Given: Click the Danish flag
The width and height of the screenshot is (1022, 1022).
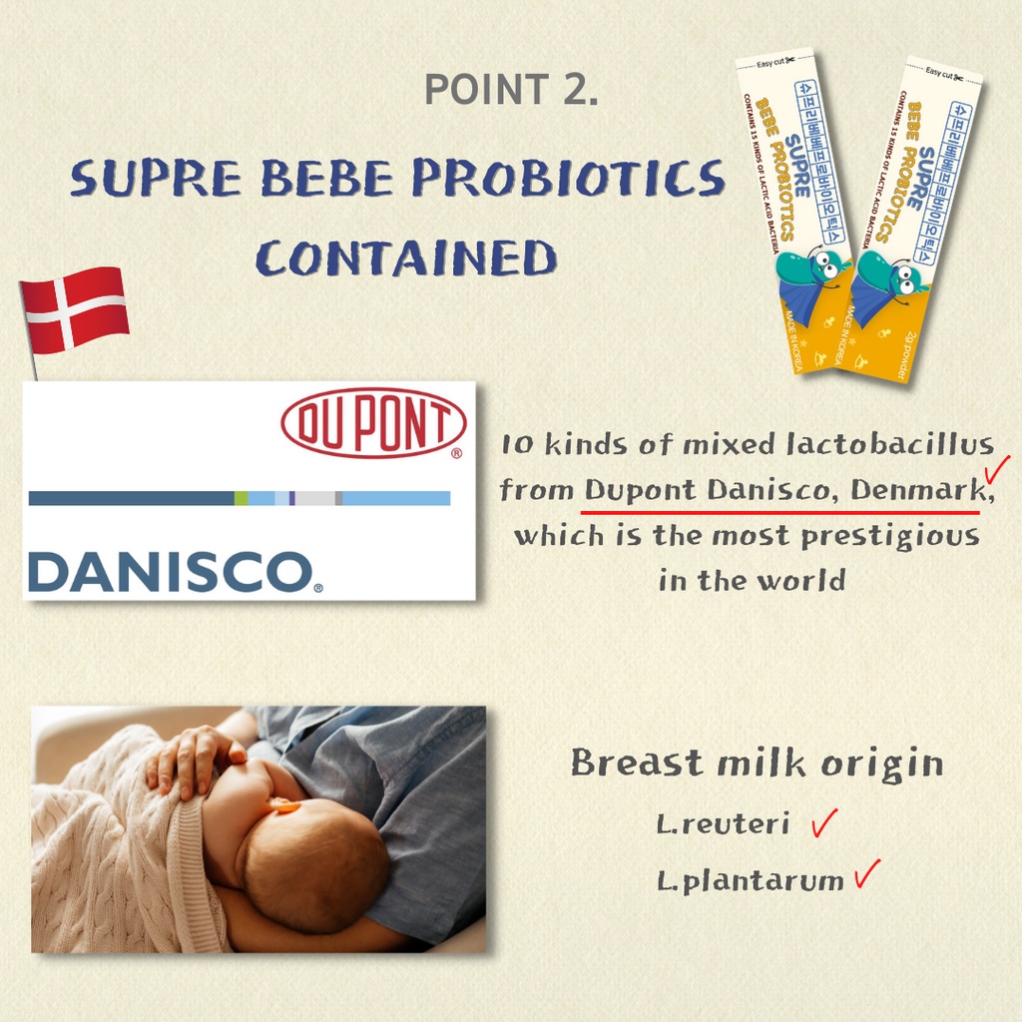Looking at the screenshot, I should pyautogui.click(x=76, y=310).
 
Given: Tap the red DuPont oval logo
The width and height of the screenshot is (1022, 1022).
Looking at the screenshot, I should pyautogui.click(x=373, y=423).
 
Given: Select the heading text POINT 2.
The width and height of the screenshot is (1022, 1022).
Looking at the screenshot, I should pyautogui.click(x=511, y=90).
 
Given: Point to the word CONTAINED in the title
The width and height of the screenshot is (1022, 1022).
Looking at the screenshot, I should pyautogui.click(x=405, y=258).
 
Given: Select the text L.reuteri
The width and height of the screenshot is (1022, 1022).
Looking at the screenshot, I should pyautogui.click(x=724, y=825).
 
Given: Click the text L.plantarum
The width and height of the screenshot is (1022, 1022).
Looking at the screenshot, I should pyautogui.click(x=750, y=882).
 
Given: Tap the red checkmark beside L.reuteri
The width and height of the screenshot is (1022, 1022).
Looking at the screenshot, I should pyautogui.click(x=823, y=823).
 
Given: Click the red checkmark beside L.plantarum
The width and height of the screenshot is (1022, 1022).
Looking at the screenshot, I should pyautogui.click(x=867, y=875).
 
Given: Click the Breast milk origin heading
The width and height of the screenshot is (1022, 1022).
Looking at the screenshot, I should pyautogui.click(x=757, y=765).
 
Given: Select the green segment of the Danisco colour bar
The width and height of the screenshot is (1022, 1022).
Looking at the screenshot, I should pyautogui.click(x=241, y=498).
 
